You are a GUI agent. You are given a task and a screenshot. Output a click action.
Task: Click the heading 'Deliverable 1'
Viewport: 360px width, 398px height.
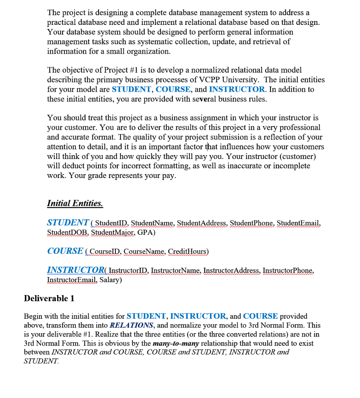49,298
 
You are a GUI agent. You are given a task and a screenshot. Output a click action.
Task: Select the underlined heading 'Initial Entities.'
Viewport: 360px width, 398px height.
75,203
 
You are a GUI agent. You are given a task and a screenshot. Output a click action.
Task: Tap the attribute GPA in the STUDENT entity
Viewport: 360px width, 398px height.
146,232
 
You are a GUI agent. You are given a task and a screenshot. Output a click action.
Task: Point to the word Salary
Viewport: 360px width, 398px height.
110,280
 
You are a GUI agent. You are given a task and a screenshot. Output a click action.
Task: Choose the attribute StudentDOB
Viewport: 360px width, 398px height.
68,232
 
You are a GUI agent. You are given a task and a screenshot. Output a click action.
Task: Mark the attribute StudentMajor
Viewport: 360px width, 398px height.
113,232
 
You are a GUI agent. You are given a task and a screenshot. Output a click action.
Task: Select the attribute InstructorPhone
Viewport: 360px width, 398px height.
288,271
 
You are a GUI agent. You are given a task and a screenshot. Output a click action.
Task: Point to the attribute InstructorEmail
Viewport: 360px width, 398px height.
72,280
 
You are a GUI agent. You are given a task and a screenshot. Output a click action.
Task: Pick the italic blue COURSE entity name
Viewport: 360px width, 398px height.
65,251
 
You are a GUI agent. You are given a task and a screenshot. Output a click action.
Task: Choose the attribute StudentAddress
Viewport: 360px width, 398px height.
202,223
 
